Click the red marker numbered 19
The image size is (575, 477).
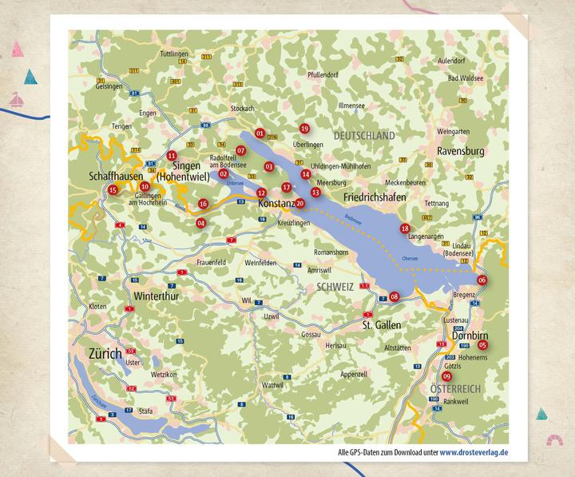[303, 129]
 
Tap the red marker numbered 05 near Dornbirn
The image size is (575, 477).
[483, 344]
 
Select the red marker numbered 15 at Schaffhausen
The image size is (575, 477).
[113, 189]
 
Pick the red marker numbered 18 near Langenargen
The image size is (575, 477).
[405, 228]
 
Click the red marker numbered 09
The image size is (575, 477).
[446, 376]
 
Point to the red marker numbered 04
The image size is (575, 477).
[200, 223]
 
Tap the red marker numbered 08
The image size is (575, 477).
[394, 296]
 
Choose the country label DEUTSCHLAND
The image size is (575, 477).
[364, 137]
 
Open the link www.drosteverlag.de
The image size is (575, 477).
[479, 453]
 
